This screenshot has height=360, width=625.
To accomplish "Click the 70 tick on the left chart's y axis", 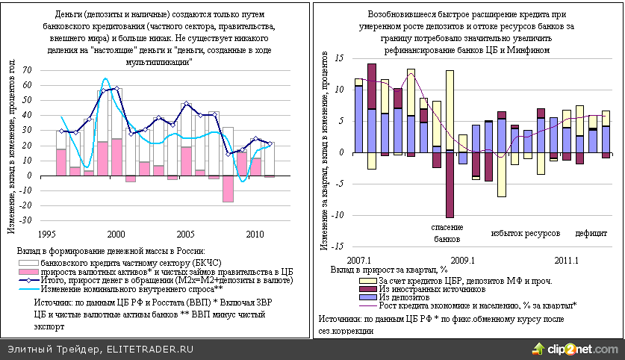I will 28,70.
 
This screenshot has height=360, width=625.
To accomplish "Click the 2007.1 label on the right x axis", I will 361,259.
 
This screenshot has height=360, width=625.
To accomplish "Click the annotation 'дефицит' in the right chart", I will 591,234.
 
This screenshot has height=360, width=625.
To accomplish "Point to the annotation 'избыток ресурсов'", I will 525,234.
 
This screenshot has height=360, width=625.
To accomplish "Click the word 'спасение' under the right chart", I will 448,227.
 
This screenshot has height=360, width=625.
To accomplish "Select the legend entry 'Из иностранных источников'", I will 432,288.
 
